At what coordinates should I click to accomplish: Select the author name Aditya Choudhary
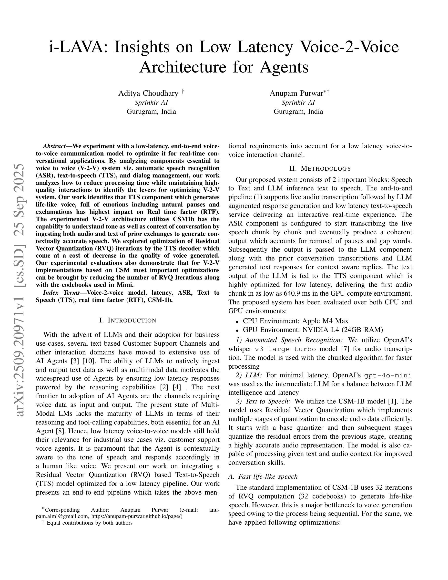click(x=148, y=93)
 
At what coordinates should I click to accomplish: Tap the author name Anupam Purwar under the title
click(x=296, y=93)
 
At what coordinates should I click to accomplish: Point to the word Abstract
click(x=54, y=146)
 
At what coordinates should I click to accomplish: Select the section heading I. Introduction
click(x=128, y=320)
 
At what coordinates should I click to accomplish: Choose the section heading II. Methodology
click(x=320, y=169)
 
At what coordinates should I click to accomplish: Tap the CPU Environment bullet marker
click(x=237, y=321)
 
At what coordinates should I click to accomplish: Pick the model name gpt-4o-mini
click(x=388, y=375)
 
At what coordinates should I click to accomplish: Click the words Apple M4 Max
click(x=325, y=321)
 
